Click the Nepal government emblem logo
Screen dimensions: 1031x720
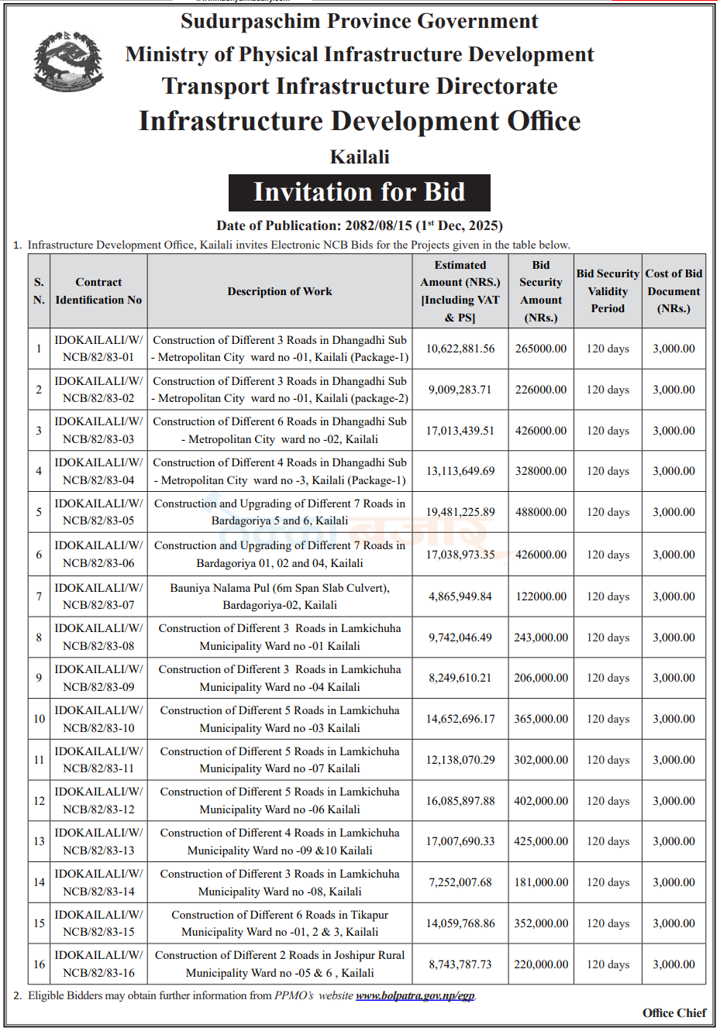[68, 61]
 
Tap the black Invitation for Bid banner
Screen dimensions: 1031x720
[359, 192]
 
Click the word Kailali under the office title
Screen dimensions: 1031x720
[360, 156]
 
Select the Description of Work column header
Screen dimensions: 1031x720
[279, 291]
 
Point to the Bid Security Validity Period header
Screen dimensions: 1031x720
[608, 291]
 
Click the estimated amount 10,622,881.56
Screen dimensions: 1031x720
[460, 349]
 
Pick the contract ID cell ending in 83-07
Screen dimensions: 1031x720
[98, 596]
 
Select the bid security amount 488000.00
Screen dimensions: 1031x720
[541, 512]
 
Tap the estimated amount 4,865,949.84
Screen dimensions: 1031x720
[460, 596]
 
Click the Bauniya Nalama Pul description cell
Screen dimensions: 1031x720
[280, 596]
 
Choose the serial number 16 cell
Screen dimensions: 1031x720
[39, 964]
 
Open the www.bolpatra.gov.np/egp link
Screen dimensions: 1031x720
[415, 995]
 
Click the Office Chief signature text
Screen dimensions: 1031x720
[673, 1013]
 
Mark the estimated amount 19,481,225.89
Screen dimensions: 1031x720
[460, 512]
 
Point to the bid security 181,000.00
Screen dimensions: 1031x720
[541, 882]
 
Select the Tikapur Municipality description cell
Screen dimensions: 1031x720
[280, 923]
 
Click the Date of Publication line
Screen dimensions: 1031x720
[360, 225]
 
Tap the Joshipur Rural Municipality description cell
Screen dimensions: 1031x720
[280, 964]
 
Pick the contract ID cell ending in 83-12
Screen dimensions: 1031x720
[98, 801]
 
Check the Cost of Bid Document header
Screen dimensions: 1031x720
[673, 291]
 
